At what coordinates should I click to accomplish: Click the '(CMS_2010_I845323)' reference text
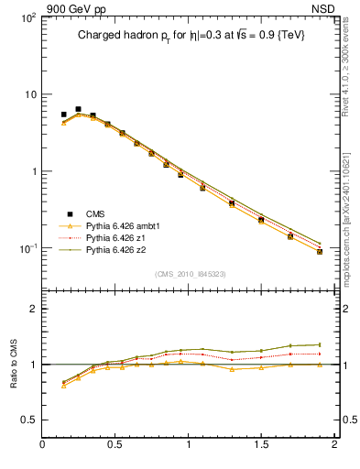190,273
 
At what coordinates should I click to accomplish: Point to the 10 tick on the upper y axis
28,95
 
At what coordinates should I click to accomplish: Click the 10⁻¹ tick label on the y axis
27,249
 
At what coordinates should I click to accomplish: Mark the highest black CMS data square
78,109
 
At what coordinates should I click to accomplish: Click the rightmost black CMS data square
320,251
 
